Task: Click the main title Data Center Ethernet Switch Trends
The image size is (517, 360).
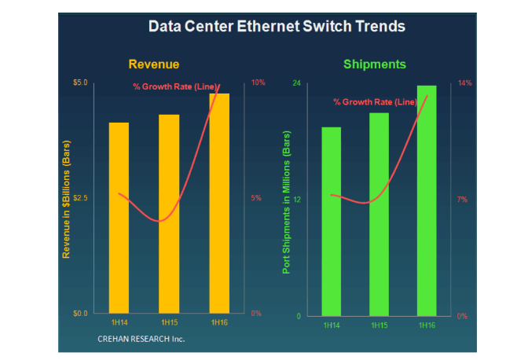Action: (277, 27)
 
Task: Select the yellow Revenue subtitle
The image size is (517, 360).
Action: (154, 64)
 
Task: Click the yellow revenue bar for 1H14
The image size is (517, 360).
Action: (119, 217)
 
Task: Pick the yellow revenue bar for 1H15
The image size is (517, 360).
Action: (169, 213)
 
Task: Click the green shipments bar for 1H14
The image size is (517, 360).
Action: (332, 221)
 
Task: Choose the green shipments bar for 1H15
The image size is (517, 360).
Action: (379, 214)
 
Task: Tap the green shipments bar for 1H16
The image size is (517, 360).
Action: (427, 200)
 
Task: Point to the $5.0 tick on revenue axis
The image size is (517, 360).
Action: (81, 83)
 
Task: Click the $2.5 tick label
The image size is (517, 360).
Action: (81, 198)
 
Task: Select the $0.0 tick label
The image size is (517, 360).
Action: (81, 314)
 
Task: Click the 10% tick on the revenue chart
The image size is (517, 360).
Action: (257, 83)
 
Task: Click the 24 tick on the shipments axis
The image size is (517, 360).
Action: (296, 83)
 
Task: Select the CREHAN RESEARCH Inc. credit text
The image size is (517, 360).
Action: (141, 338)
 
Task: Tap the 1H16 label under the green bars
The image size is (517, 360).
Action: (427, 325)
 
